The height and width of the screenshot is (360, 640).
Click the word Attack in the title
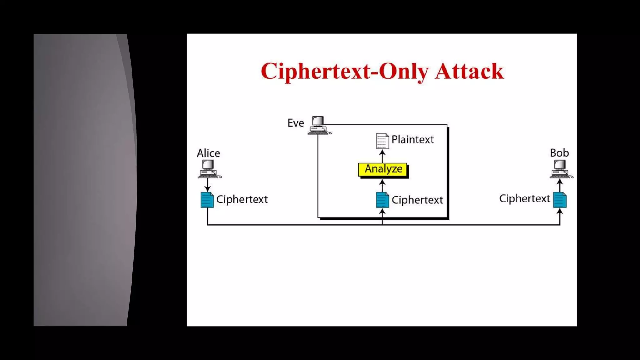pyautogui.click(x=469, y=72)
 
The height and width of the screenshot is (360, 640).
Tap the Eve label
pyautogui.click(x=296, y=123)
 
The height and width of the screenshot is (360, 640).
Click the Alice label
pyautogui.click(x=208, y=153)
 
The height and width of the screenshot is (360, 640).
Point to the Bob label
pyautogui.click(x=559, y=153)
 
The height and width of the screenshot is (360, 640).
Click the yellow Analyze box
pyautogui.click(x=383, y=169)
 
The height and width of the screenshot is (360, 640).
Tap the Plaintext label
pyautogui.click(x=412, y=139)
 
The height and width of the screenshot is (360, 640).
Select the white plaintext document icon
pyautogui.click(x=382, y=141)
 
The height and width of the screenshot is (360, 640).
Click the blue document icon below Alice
pyautogui.click(x=207, y=200)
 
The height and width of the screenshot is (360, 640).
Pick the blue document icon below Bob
pyautogui.click(x=560, y=200)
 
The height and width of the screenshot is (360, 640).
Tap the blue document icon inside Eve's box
pyautogui.click(x=382, y=200)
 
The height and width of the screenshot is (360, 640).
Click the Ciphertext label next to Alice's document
pyautogui.click(x=242, y=199)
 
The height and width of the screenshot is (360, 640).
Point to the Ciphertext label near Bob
pyautogui.click(x=524, y=199)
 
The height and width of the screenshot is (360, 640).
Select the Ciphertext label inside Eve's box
pyautogui.click(x=417, y=200)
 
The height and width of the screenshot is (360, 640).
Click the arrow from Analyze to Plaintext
pyautogui.click(x=382, y=156)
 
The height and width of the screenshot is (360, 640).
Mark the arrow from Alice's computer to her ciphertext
pyautogui.click(x=207, y=185)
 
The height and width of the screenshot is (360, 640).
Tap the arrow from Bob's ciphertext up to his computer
pyautogui.click(x=560, y=185)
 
